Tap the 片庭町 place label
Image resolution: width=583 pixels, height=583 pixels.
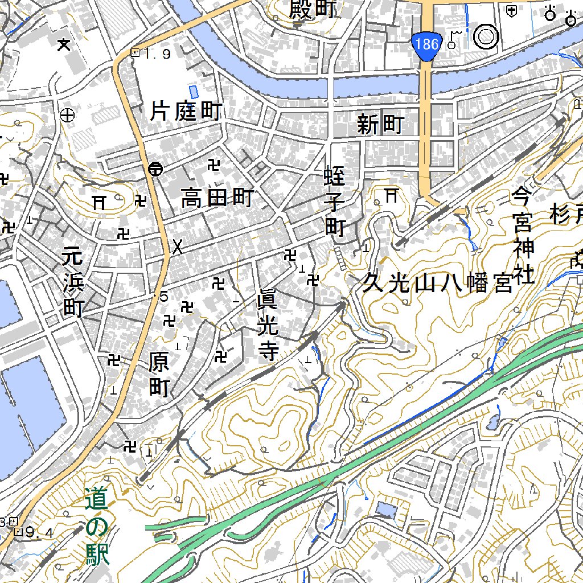186,111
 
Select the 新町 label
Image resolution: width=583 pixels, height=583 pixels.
380,124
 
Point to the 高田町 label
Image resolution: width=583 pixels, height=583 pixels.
217,199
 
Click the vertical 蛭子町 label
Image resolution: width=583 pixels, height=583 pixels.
335,202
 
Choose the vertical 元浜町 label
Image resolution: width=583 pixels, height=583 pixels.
72,282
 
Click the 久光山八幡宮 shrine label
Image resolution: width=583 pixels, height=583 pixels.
438,283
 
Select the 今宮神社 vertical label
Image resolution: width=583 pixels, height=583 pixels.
522,236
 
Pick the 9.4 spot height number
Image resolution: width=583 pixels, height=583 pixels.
40,533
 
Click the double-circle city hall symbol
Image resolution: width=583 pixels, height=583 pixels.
486,36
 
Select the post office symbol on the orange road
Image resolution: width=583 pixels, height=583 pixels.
155,169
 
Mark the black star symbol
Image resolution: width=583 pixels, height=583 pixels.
64,43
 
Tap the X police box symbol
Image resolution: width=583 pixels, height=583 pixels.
178,247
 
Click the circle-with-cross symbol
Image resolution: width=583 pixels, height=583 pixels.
68,115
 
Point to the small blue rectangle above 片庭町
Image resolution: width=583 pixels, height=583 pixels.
194,91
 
